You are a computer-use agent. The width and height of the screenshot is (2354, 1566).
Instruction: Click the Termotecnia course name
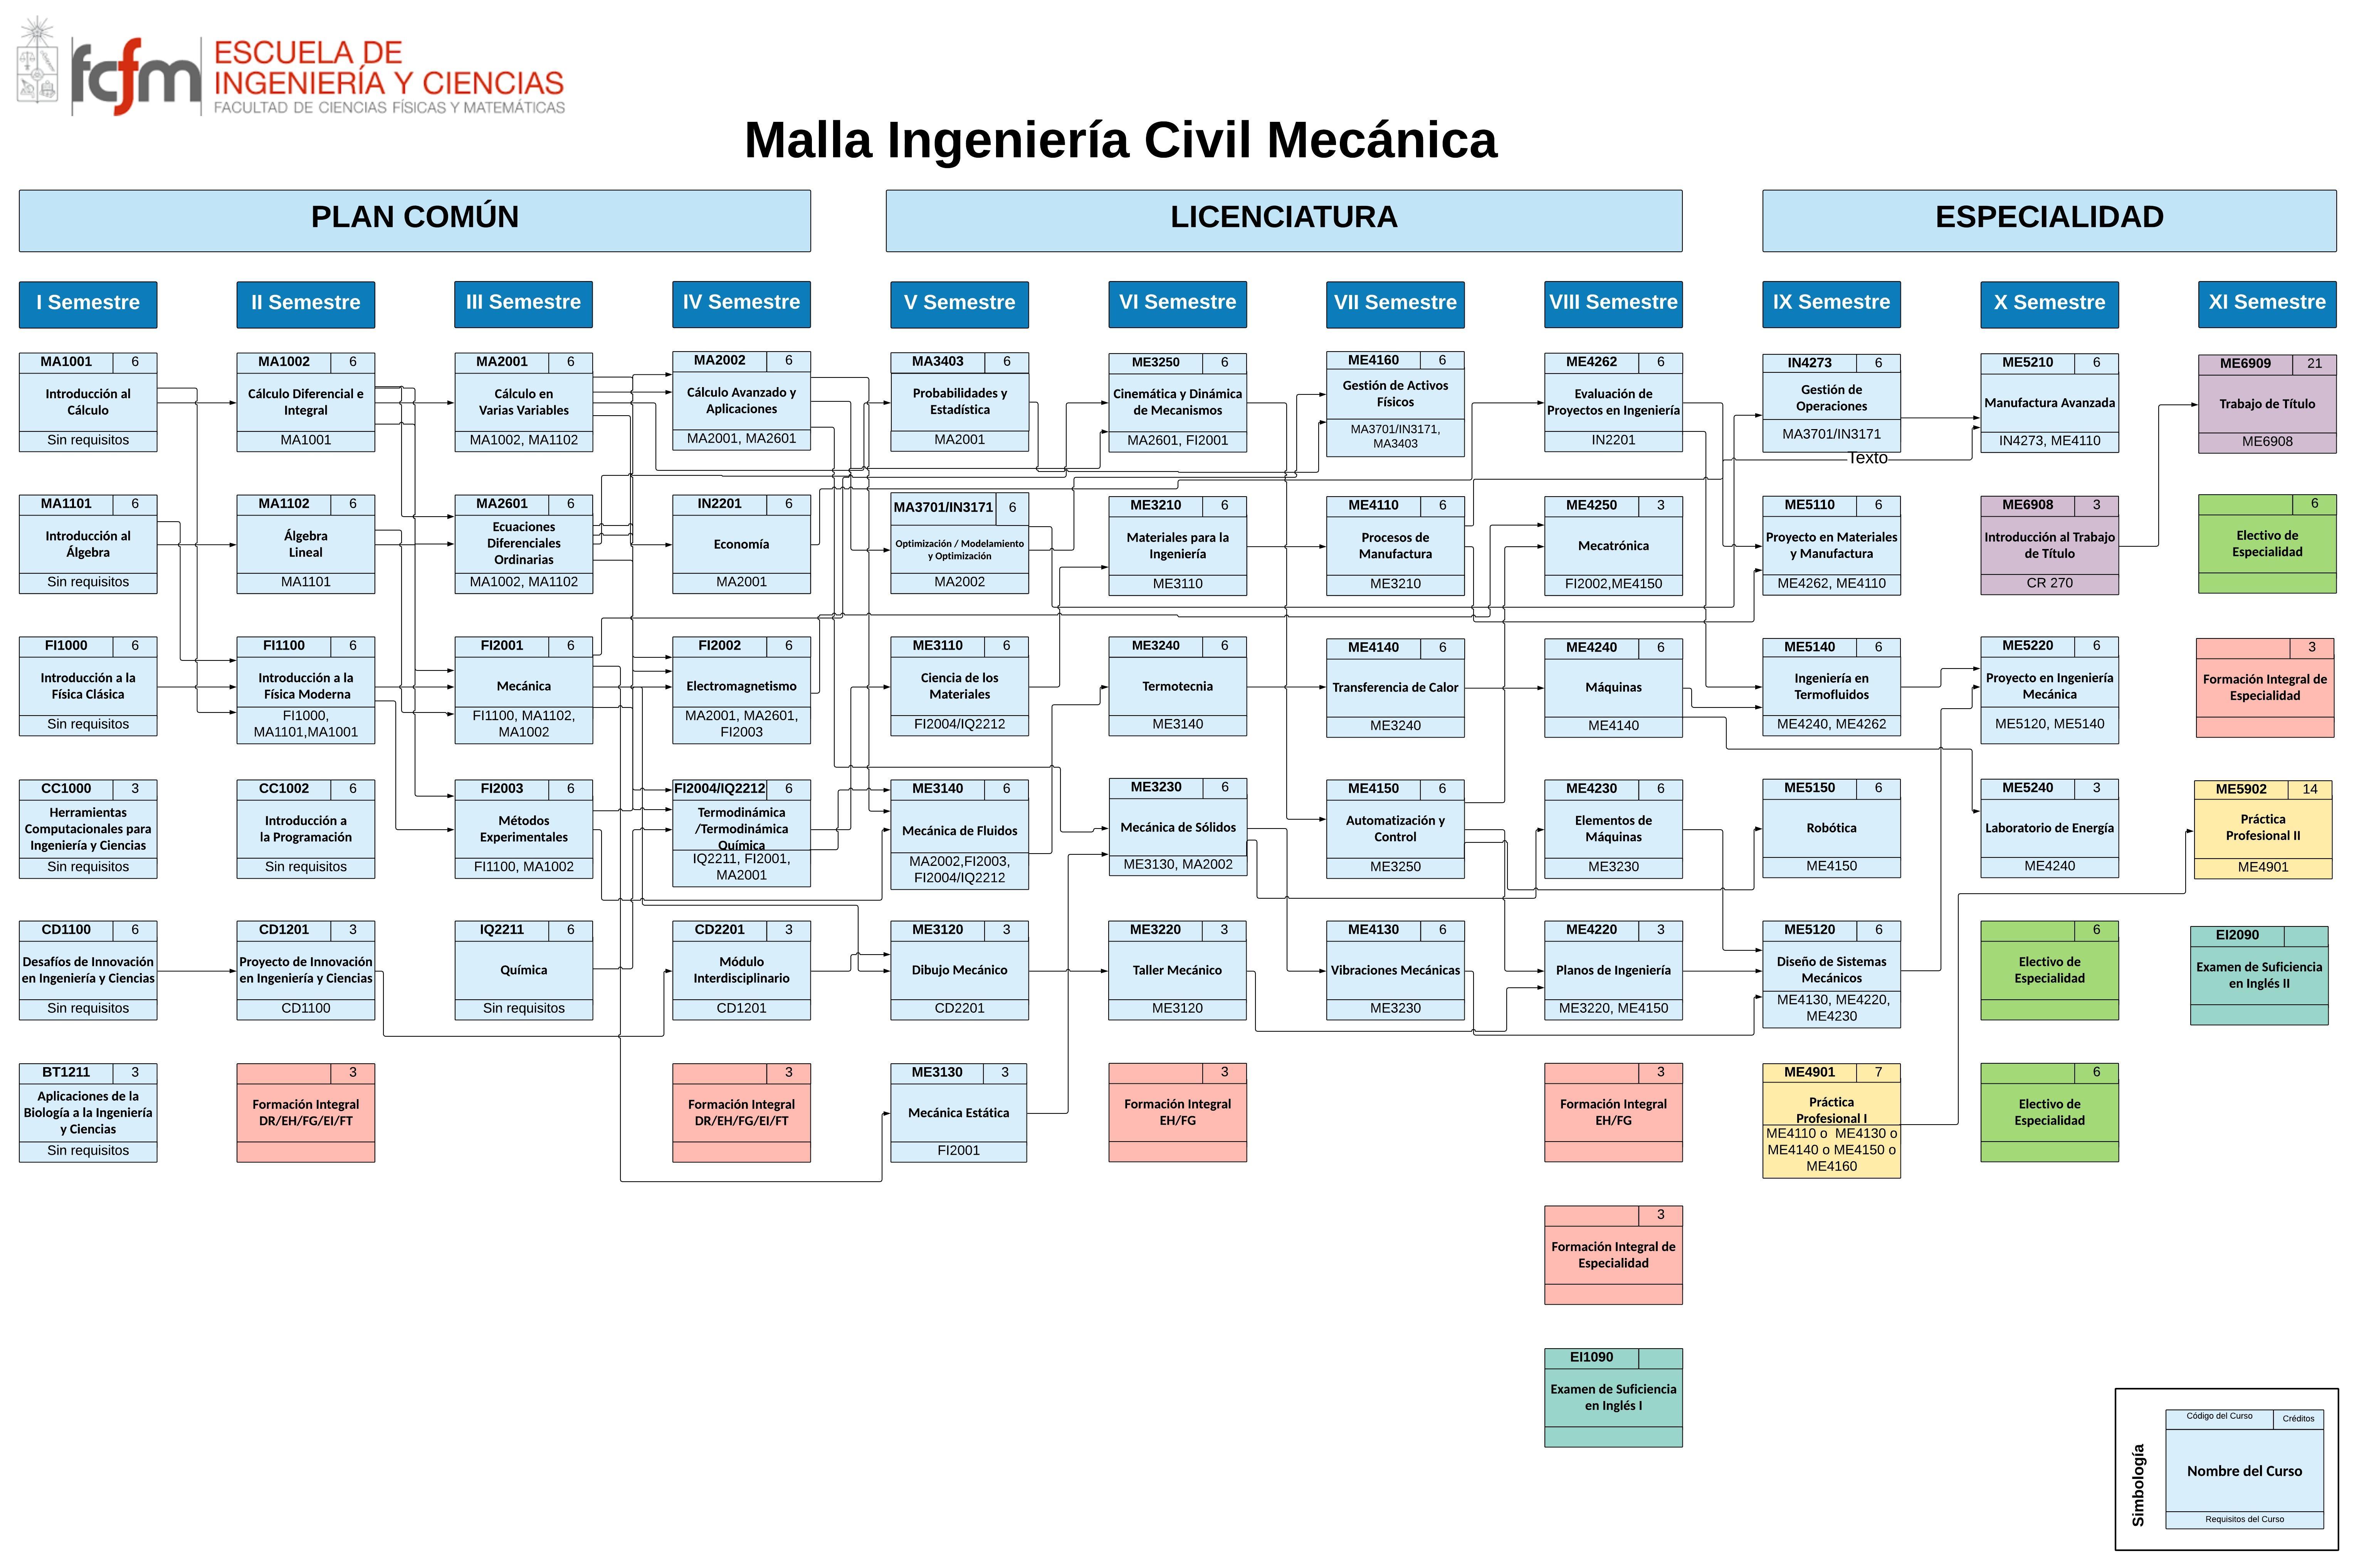coord(1177,686)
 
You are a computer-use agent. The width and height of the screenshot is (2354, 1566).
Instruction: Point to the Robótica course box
coord(1831,828)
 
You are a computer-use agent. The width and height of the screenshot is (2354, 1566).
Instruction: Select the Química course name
coord(523,970)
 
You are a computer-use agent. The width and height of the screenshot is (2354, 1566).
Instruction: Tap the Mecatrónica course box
coord(1612,545)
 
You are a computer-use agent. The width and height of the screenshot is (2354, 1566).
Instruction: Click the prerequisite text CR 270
coord(2048,583)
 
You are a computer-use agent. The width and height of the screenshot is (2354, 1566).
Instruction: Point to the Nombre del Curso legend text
coord(2243,1471)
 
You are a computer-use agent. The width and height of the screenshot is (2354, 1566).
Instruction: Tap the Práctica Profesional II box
coord(2262,828)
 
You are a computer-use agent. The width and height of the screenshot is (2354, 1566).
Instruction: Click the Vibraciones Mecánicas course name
coord(1395,970)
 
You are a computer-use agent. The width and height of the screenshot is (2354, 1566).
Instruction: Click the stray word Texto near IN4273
coord(1867,458)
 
